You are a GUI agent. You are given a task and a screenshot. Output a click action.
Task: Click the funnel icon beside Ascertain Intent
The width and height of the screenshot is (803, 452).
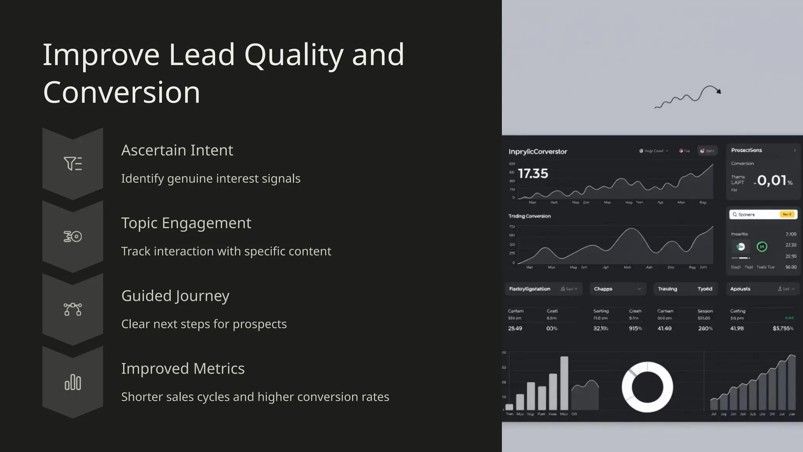73,164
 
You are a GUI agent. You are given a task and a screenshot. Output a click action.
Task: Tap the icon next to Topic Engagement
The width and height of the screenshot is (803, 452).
73,237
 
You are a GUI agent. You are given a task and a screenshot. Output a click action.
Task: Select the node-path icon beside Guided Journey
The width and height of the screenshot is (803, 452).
73,309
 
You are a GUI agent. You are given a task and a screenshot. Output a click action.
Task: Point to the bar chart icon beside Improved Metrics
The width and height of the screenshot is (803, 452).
73,382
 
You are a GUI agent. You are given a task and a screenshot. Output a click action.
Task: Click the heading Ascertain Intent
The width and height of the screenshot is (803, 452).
177,150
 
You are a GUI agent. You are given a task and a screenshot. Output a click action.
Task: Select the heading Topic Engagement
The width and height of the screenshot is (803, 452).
186,223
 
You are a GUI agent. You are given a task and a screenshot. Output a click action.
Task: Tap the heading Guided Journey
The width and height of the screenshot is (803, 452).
175,296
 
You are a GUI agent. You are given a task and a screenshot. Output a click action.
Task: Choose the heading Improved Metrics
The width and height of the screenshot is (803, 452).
183,368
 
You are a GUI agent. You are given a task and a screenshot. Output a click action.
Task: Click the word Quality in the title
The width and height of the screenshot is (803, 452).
294,55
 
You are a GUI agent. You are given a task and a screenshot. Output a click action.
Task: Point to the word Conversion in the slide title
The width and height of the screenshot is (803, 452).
122,92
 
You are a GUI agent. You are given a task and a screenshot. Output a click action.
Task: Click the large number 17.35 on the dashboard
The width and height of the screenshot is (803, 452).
533,173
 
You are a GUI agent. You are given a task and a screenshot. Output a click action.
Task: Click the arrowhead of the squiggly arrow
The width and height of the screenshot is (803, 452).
718,91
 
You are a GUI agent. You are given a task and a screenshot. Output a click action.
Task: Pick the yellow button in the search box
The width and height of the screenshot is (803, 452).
787,214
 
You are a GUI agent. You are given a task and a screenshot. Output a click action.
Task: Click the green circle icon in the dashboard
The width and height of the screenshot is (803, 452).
762,246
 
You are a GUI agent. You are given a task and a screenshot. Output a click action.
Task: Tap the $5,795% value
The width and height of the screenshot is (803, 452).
783,328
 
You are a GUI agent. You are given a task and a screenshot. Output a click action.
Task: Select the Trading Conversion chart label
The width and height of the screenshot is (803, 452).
529,216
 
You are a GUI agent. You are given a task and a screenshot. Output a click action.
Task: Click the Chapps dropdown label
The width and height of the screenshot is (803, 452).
603,289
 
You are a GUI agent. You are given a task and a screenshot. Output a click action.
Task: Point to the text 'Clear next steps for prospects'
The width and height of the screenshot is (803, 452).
204,324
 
